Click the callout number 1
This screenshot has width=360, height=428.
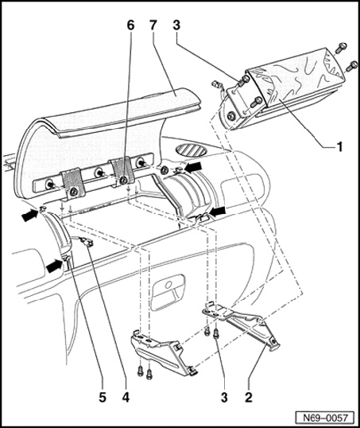coord(339,146)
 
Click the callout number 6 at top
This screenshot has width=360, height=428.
coord(130,25)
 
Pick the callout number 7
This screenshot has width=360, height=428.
coord(153,25)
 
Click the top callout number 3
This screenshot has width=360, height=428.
coord(176,25)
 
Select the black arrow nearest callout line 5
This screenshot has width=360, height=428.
coord(55,266)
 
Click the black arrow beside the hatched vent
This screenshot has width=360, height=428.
coord(193,166)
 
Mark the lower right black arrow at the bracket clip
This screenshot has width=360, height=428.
coord(218,211)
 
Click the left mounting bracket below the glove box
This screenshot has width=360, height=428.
coord(163,352)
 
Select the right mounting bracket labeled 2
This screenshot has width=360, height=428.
coord(241,325)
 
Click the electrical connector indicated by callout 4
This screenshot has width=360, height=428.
coord(86,242)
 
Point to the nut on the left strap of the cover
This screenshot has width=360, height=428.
coord(73,192)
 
